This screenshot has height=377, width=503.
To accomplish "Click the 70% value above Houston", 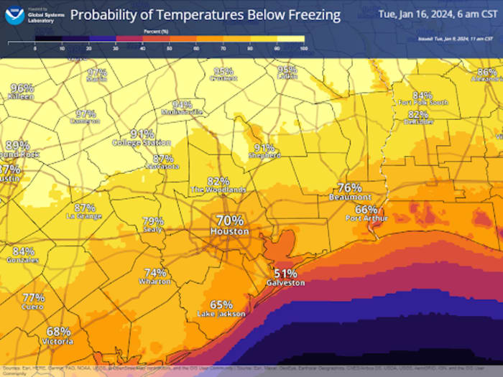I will click(230, 220).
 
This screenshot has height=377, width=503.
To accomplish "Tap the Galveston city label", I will click(285, 283).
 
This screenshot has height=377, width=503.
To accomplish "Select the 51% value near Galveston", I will click(285, 273).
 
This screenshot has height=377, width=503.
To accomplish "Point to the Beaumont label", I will click(350, 197).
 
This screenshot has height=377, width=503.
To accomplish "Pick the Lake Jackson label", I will click(221, 314).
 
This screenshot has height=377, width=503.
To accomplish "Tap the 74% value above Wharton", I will click(156, 272).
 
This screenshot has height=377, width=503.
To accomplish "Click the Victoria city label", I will click(58, 342).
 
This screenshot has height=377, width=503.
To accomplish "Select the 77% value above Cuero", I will click(34, 297).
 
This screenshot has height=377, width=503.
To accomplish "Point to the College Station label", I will click(142, 143).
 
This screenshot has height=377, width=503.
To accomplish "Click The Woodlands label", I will click(218, 190).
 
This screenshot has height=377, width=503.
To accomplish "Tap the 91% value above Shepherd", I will click(264, 147).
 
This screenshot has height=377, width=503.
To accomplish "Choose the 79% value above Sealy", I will click(153, 221).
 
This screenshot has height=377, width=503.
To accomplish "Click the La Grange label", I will click(84, 216).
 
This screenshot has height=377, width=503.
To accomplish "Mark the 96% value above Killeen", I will click(22, 88).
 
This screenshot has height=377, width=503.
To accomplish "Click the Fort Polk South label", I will click(423, 103).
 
